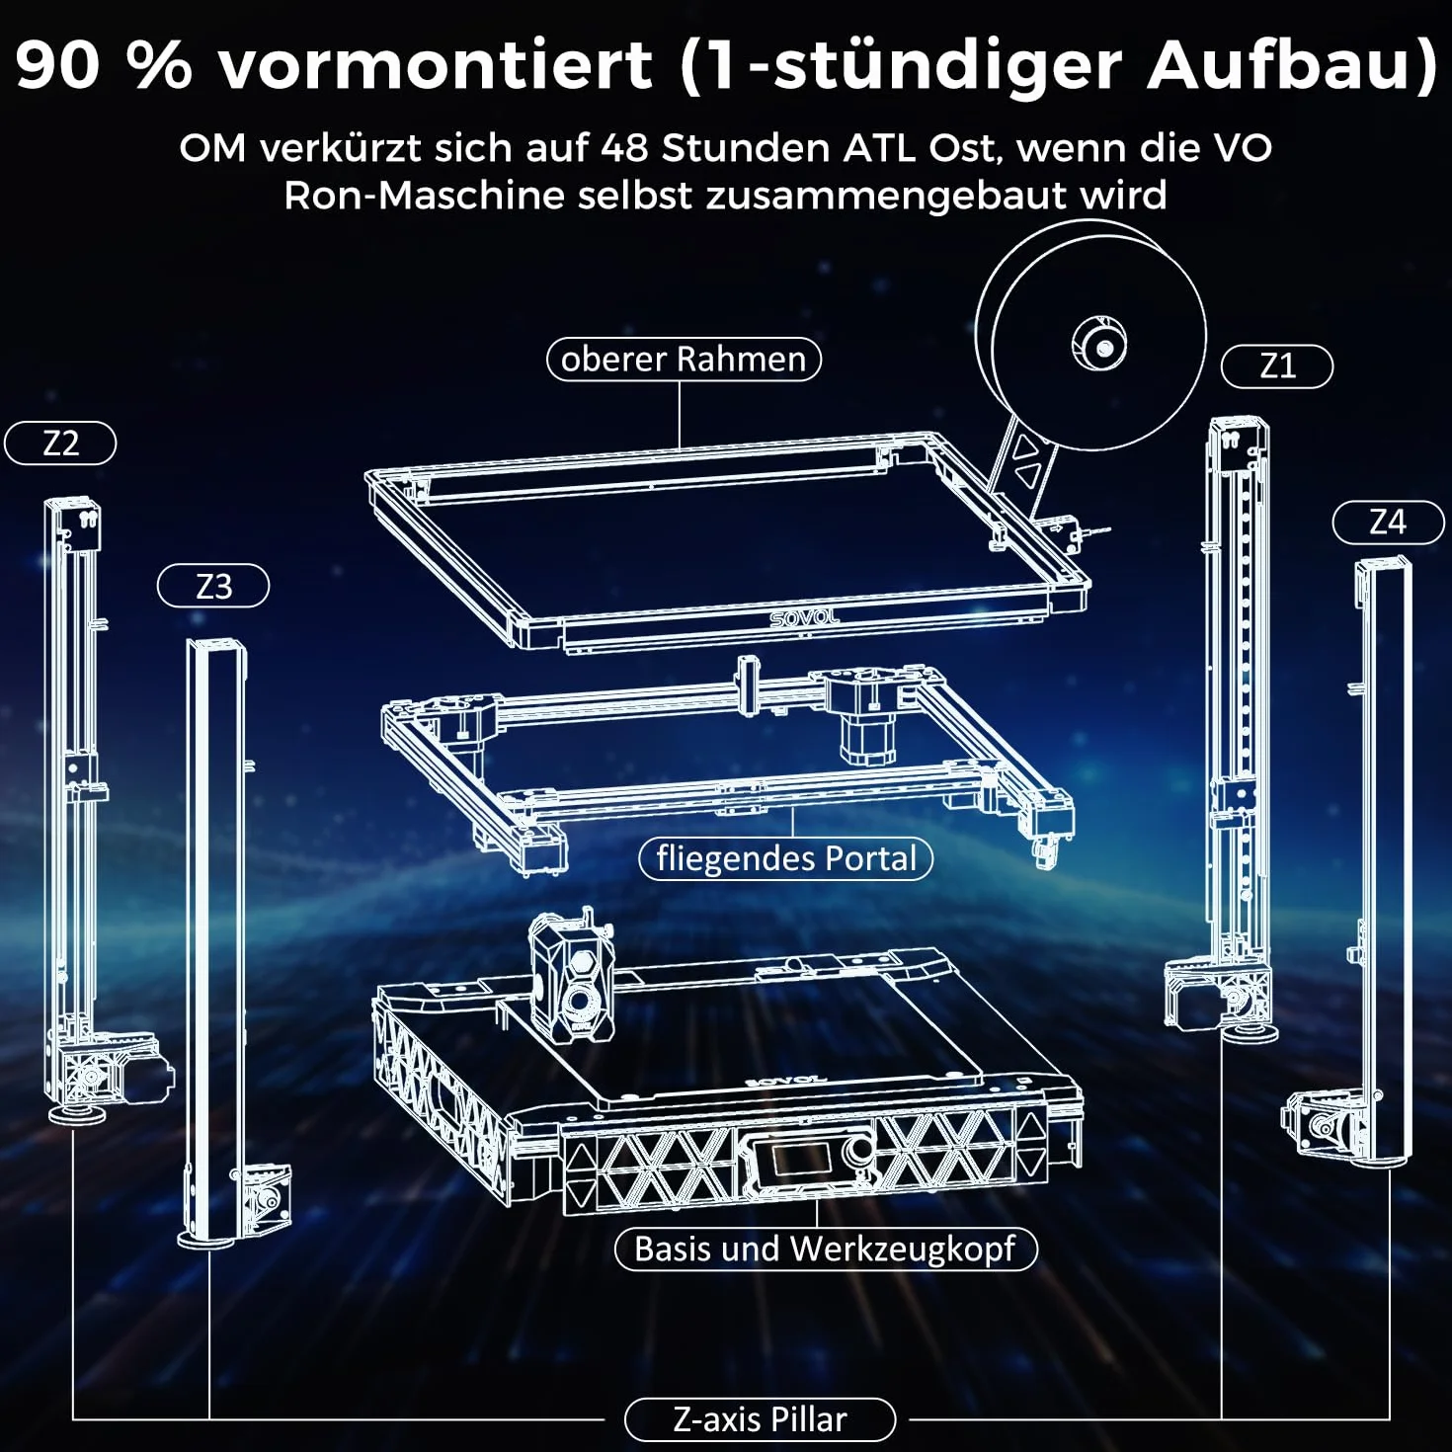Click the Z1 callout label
point(1276,367)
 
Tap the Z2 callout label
point(60,444)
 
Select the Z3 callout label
point(213,586)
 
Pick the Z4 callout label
point(1388,523)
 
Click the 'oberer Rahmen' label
point(684,360)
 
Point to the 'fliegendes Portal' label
point(786,858)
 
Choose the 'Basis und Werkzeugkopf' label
point(826,1249)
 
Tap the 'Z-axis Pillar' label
point(761,1419)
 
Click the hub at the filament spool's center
point(1099,346)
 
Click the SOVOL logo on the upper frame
point(804,618)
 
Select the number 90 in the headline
point(57,65)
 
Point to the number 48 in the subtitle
point(624,148)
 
